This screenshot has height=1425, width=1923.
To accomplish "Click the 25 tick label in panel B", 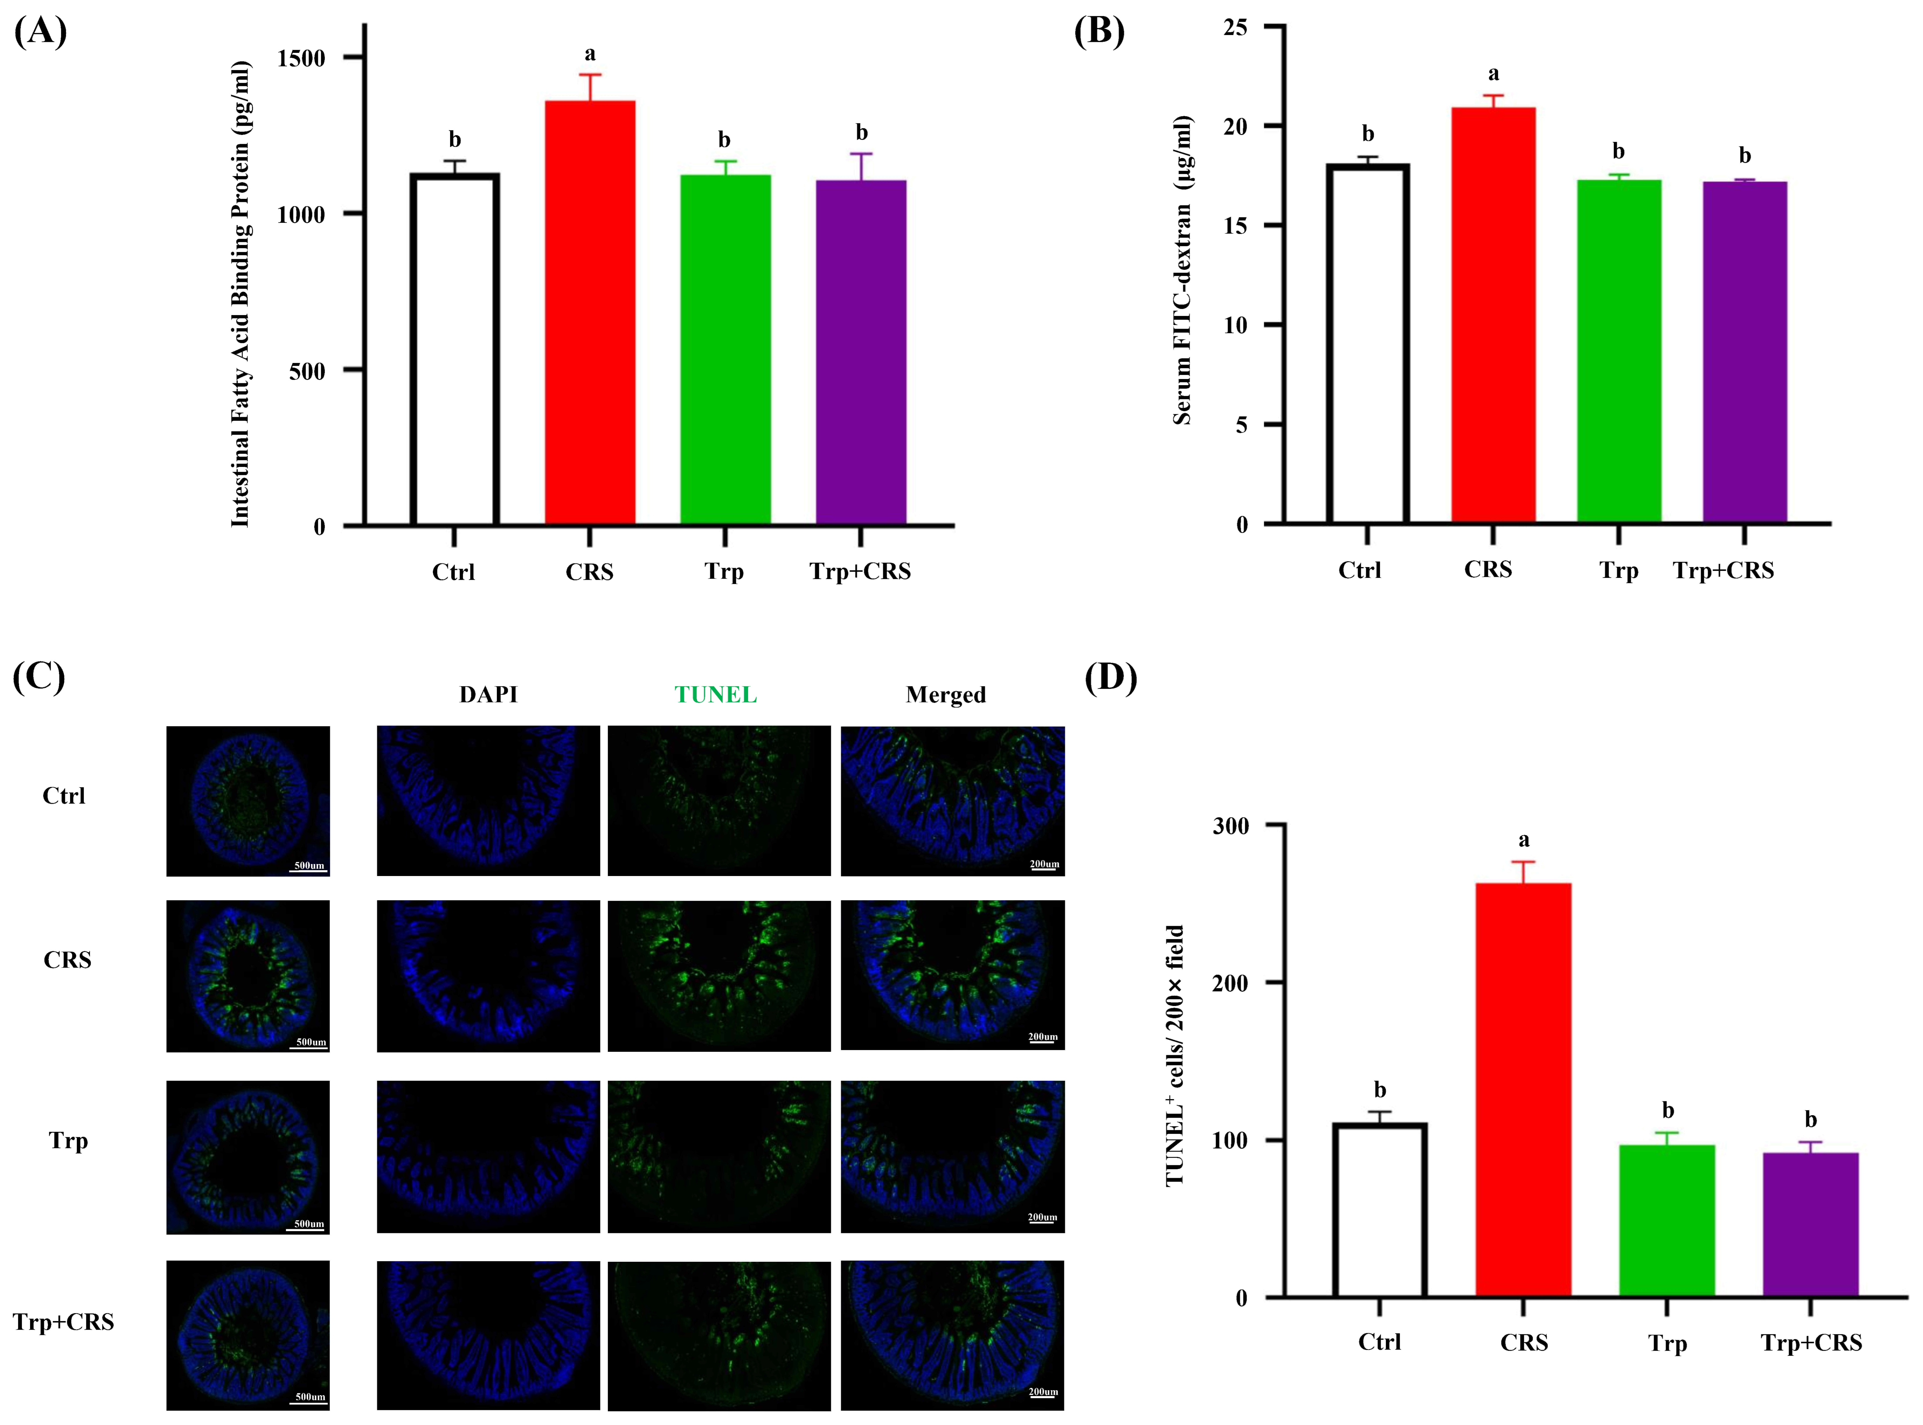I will (x=1235, y=28).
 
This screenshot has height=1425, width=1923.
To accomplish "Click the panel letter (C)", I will (x=39, y=677).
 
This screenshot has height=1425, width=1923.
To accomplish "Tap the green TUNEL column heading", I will (x=715, y=694).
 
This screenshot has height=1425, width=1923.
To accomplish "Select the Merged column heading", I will (x=946, y=694).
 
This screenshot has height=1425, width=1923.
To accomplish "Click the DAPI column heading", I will (x=488, y=694).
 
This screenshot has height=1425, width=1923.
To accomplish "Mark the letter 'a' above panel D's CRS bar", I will (x=1524, y=839).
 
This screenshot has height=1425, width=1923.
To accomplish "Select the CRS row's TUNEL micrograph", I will (x=719, y=976).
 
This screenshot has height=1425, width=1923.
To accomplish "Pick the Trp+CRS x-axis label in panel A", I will (x=860, y=571).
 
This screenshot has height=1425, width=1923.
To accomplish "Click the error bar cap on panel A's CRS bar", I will (x=590, y=75).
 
